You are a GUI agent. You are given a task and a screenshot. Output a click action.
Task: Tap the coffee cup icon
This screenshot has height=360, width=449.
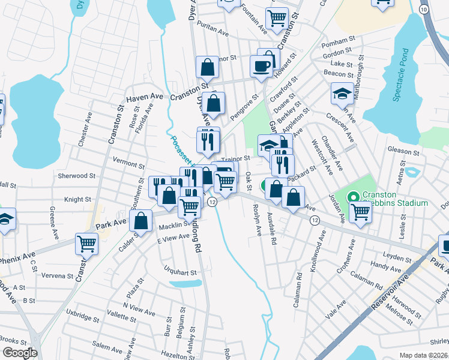coord(261,66)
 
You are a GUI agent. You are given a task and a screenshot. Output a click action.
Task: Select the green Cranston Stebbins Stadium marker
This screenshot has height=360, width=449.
coord(353,196)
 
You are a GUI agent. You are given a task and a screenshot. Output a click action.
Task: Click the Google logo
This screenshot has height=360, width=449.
coord(20,352)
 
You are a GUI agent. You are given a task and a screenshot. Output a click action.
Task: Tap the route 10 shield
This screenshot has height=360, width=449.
coord(424,10)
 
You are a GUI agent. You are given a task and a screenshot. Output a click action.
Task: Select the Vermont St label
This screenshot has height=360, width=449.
coord(129,163)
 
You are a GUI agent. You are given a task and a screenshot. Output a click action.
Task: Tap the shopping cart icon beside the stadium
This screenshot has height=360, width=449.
coord(360,211)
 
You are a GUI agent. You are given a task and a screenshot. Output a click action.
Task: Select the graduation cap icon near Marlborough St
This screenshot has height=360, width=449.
coord(342,93)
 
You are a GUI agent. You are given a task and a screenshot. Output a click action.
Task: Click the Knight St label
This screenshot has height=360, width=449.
coord(78,199)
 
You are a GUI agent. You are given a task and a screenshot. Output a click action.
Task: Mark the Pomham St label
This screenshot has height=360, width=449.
coord(335,41)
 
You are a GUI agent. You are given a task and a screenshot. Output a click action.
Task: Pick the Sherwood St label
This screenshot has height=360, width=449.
coord(77,176)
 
